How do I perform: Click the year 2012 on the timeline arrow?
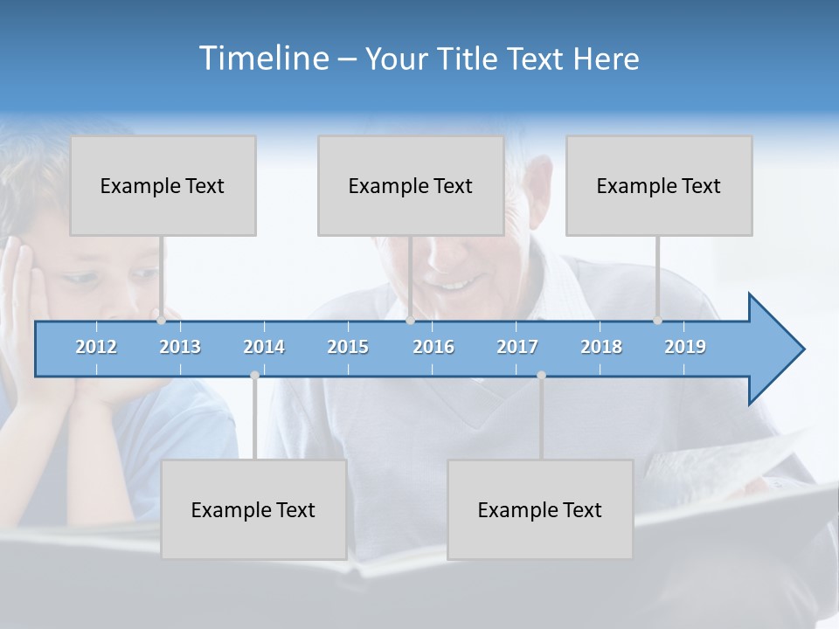click(x=96, y=347)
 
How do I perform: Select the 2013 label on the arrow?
click(x=180, y=347)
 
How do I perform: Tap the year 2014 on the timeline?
click(x=264, y=347)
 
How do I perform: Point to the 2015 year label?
click(x=348, y=347)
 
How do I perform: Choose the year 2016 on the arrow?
click(x=433, y=347)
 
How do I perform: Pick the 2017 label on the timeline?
click(x=517, y=347)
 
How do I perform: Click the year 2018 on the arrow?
click(x=601, y=347)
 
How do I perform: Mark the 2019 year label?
click(x=685, y=347)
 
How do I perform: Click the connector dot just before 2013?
click(x=162, y=320)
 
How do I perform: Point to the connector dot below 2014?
click(x=254, y=375)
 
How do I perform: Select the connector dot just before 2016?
click(x=410, y=320)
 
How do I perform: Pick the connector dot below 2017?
click(x=541, y=375)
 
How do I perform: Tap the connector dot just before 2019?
click(x=658, y=320)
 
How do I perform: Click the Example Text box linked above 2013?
click(x=163, y=185)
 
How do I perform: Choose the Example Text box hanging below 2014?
click(x=253, y=509)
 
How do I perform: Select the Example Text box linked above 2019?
click(x=659, y=185)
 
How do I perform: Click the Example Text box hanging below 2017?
click(x=540, y=509)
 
